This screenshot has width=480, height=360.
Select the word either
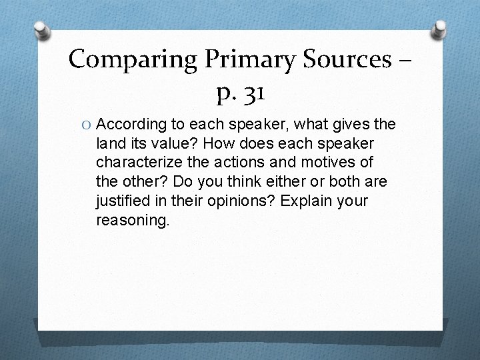pos(301,181)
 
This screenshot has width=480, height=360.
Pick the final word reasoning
pos(133,219)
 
